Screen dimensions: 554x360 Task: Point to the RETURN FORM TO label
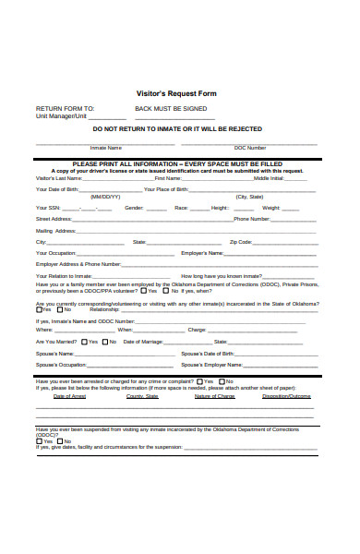click(x=65, y=108)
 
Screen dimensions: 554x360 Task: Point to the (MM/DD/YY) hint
click(x=105, y=197)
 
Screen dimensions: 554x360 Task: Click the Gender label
click(x=134, y=208)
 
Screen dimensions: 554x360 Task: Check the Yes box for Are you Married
click(x=83, y=342)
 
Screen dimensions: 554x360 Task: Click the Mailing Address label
click(x=54, y=230)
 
